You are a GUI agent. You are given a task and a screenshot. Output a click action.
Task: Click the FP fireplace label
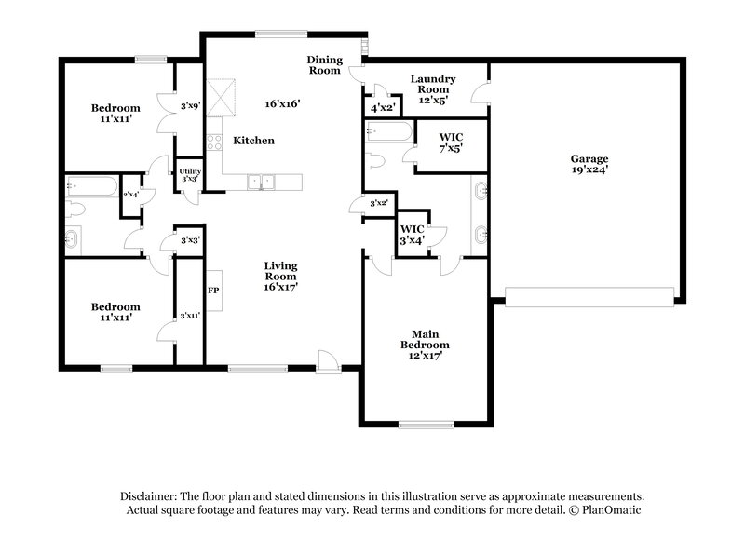pos(213,290)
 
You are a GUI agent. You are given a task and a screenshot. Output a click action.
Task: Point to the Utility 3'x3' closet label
pos(190,174)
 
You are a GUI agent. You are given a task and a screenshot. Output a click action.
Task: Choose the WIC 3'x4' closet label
pos(413,233)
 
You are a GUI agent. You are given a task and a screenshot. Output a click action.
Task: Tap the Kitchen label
pos(253,141)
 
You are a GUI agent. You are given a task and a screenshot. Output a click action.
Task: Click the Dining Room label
pos(326,64)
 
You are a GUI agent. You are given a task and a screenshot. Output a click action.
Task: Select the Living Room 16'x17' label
pos(279,276)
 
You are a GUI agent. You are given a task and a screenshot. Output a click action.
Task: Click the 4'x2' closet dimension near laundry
pos(383,107)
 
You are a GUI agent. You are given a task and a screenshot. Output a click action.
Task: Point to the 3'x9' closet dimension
pos(190,106)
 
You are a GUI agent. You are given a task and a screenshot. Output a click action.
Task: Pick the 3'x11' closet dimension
pos(190,315)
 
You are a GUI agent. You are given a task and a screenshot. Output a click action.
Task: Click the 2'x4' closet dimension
pos(129,194)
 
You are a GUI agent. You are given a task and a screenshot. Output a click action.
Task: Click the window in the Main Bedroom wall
pos(427,425)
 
